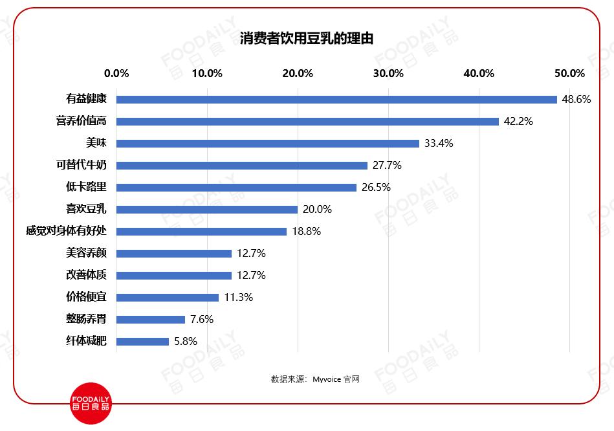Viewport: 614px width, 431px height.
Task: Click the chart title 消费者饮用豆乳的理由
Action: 307,39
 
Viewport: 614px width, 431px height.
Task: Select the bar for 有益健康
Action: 336,100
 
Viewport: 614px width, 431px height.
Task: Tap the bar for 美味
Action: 268,144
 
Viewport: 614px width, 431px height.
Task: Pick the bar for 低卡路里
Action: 236,188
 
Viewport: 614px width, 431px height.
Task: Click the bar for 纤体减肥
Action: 142,342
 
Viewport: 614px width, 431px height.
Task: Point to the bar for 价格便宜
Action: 168,298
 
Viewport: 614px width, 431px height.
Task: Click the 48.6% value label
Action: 576,100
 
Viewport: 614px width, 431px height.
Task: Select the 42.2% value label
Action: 518,122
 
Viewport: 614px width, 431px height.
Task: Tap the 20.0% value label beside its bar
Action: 317,210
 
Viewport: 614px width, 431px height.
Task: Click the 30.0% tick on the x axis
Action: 388,73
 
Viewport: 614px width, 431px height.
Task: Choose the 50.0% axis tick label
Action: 569,73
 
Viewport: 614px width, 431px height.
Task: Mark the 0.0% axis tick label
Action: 116,73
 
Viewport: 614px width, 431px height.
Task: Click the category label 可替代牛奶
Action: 81,165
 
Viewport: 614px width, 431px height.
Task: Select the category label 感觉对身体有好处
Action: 65,231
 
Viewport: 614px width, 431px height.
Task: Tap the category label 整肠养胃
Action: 86,319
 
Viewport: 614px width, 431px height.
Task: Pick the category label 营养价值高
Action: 81,121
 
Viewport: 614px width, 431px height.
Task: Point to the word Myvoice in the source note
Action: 327,380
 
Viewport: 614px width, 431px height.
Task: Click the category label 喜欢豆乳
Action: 86,209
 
